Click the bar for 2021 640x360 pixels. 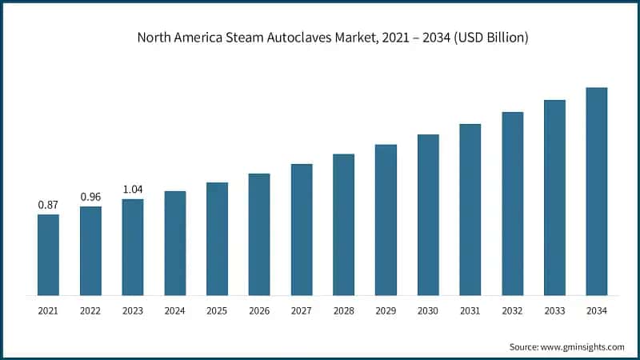48,254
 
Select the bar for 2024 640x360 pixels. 175,243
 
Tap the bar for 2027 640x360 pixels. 302,230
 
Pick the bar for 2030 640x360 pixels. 428,214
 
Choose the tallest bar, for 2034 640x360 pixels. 597,191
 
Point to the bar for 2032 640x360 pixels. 513,203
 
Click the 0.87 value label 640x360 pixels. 48,206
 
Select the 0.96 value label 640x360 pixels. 90,197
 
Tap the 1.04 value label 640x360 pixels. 133,190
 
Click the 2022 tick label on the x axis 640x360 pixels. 90,310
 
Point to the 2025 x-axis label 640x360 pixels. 217,310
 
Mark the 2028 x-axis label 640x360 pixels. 343,310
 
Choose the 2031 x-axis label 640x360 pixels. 470,310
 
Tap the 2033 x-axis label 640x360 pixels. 554,310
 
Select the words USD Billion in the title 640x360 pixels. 490,38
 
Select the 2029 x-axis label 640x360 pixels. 386,310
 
